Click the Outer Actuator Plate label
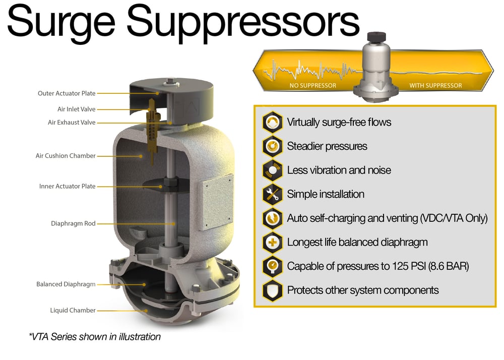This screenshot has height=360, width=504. (x=67, y=93)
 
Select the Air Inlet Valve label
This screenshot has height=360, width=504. (x=76, y=109)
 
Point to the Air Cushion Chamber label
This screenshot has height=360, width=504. (x=66, y=156)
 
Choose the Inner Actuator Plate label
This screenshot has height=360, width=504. (x=67, y=187)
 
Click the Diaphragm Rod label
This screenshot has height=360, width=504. (x=73, y=223)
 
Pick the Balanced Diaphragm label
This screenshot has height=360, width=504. (x=66, y=284)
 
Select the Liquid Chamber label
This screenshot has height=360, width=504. (x=73, y=311)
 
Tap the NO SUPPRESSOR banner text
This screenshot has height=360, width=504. (x=312, y=86)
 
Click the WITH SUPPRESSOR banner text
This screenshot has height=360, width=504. (x=435, y=86)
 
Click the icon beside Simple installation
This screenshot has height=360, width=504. (x=272, y=194)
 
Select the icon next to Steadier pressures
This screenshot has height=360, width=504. (x=272, y=146)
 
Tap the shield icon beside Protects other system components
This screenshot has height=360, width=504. (x=272, y=290)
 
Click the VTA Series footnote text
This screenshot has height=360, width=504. (x=95, y=337)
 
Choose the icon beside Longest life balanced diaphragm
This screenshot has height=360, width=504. (x=272, y=242)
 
